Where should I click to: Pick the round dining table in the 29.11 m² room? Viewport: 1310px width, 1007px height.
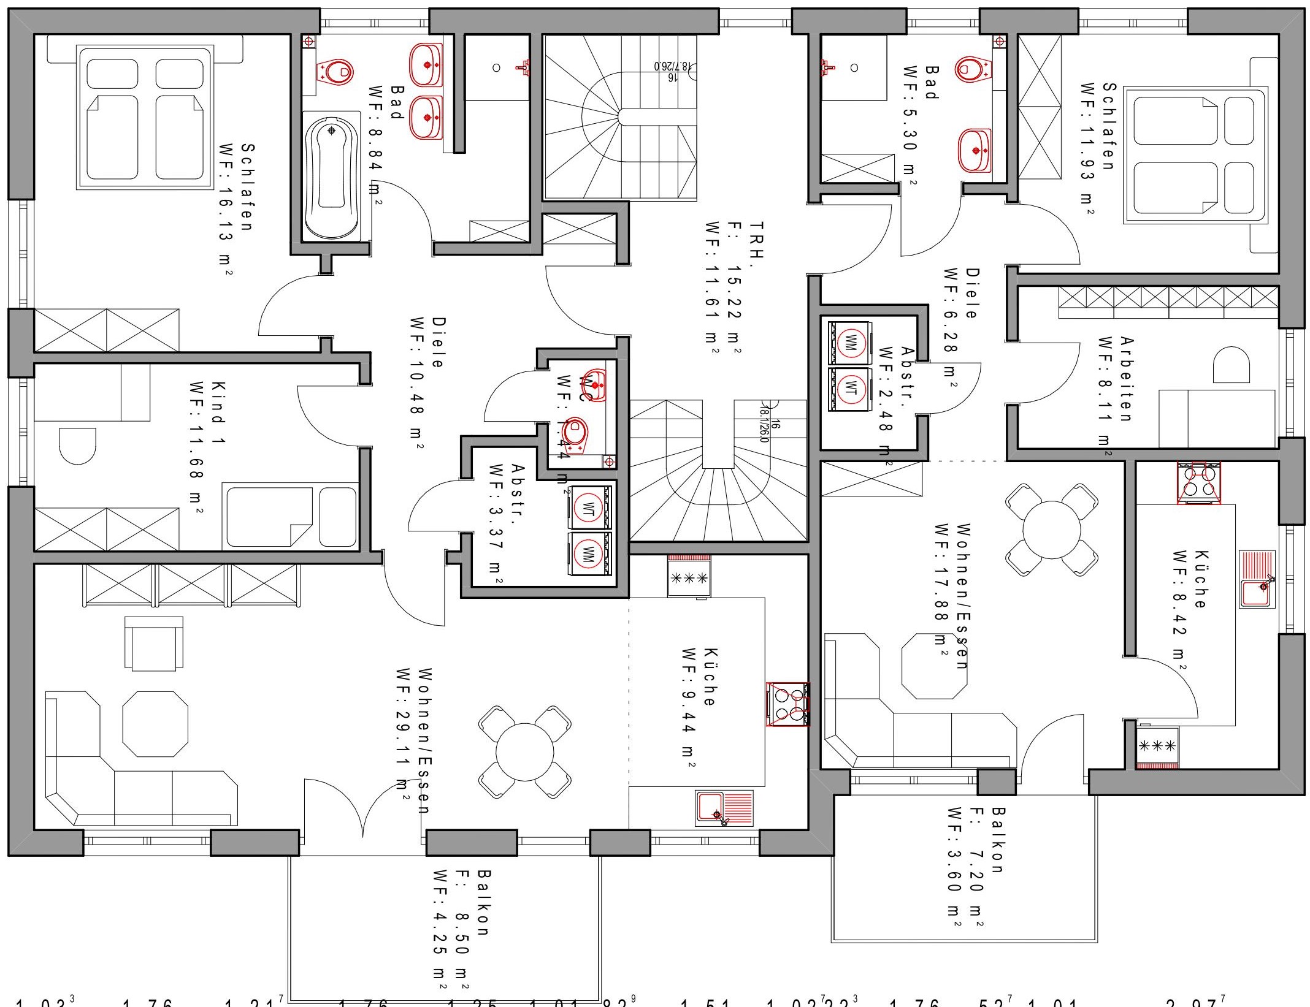tap(524, 751)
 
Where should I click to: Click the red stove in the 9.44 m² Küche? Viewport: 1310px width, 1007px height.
tap(788, 704)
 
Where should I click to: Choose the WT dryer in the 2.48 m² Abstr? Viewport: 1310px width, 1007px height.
tap(850, 387)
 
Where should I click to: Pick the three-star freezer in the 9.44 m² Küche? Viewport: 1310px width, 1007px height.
tap(689, 577)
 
